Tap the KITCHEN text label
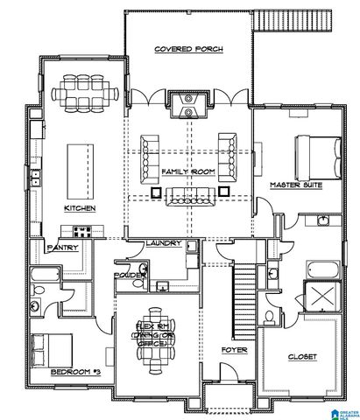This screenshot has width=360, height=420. (x=80, y=208)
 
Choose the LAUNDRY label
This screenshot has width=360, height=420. (x=163, y=243)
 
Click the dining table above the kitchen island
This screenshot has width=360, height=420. (x=81, y=93)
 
